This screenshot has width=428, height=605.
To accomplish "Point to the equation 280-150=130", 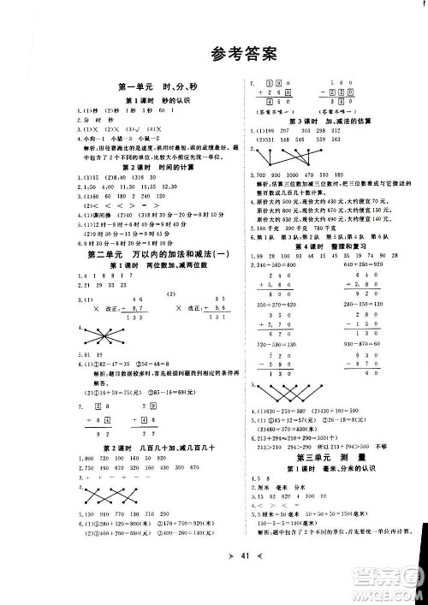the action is click(359, 304).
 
